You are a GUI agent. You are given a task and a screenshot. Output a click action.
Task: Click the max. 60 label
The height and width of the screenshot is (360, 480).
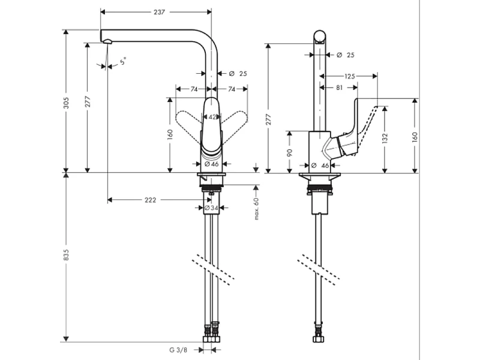pos(256,208)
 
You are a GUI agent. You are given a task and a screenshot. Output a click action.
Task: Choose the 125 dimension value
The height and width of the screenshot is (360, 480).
pos(350,76)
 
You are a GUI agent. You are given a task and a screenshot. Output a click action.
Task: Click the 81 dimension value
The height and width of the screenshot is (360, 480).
pos(339,88)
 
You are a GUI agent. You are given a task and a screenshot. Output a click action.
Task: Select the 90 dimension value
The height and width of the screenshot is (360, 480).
pos(289,152)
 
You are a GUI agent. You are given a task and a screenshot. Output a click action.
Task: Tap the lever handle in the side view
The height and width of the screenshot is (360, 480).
pos(360,129)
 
